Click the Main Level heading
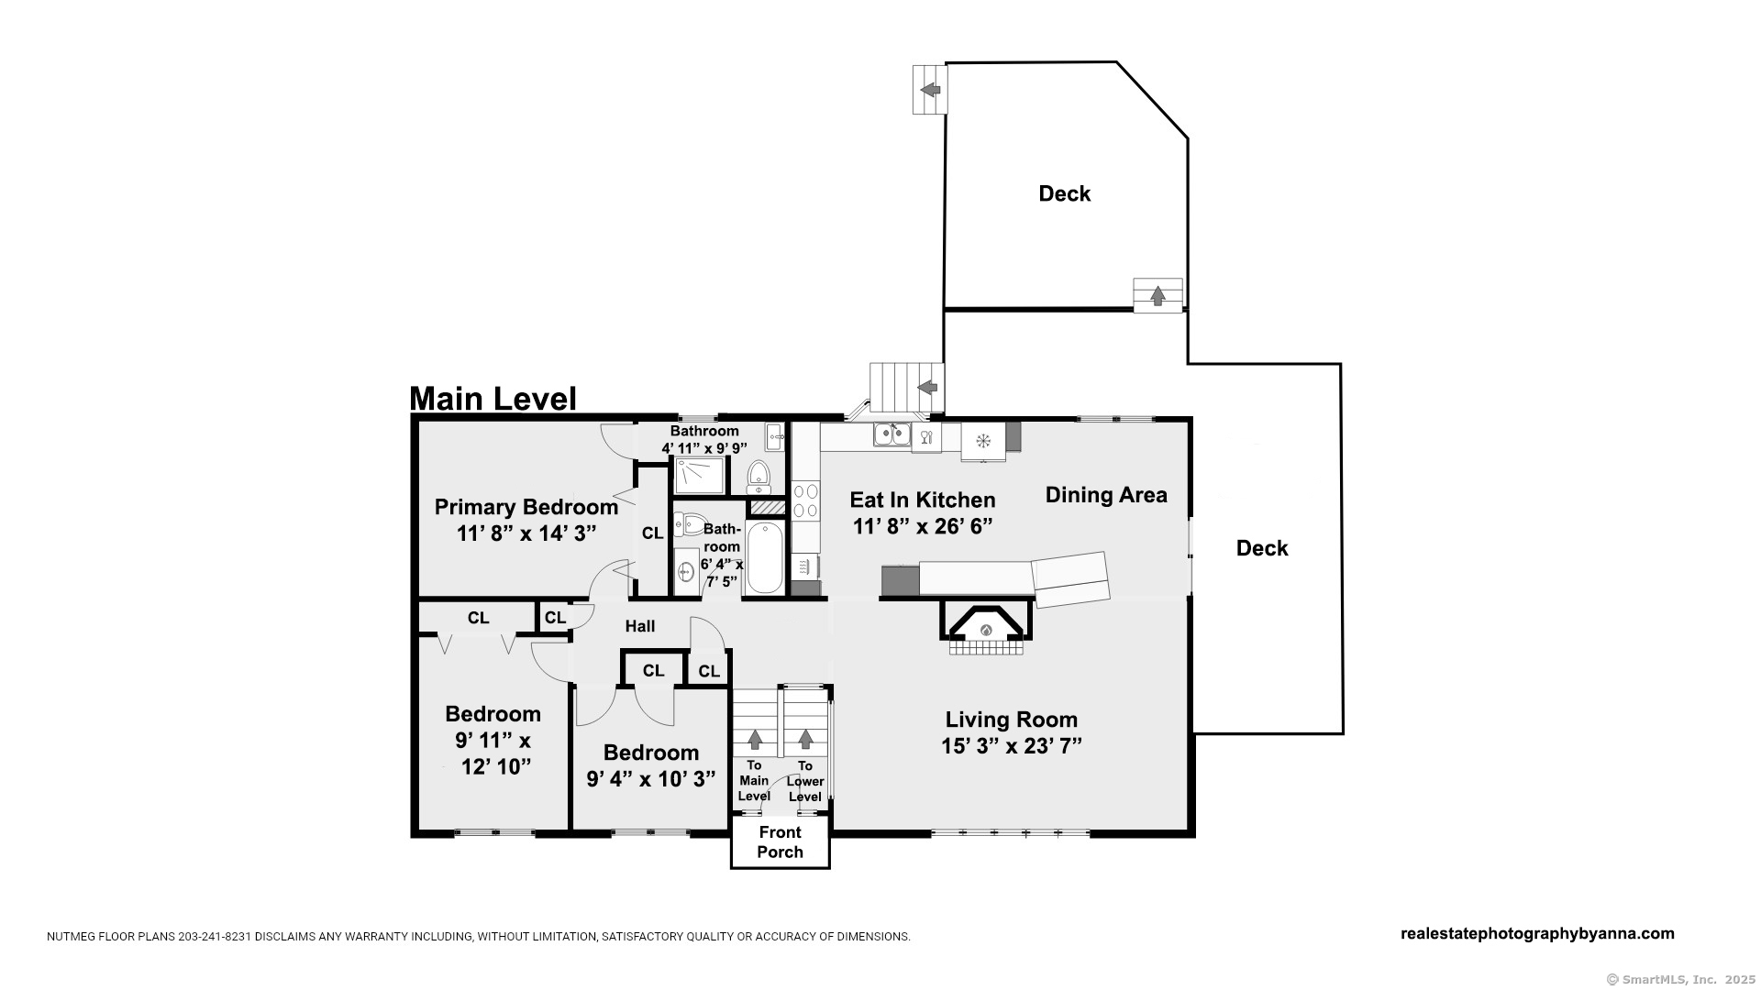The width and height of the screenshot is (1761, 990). point(493,399)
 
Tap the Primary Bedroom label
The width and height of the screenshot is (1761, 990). point(526,507)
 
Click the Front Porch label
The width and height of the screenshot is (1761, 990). point(781,841)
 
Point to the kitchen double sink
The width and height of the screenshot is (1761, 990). point(892,434)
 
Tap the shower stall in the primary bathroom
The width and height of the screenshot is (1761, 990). point(700,475)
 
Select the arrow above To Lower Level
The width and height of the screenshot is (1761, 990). point(805,738)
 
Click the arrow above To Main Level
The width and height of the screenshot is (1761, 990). point(755,738)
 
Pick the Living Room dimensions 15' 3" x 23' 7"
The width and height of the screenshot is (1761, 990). point(1012,746)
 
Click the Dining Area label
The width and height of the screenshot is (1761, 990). point(1106,495)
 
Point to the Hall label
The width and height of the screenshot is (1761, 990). point(640,626)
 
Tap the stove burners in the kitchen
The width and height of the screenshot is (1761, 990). point(805,500)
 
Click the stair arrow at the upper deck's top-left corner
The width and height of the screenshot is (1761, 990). point(930,89)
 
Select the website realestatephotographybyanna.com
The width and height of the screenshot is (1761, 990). point(1538,934)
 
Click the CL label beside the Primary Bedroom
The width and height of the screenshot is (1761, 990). point(652,533)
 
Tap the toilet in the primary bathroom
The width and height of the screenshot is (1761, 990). point(758,476)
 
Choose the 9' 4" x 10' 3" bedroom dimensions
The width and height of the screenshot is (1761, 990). point(651,779)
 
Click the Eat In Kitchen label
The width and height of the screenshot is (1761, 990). point(923,500)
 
